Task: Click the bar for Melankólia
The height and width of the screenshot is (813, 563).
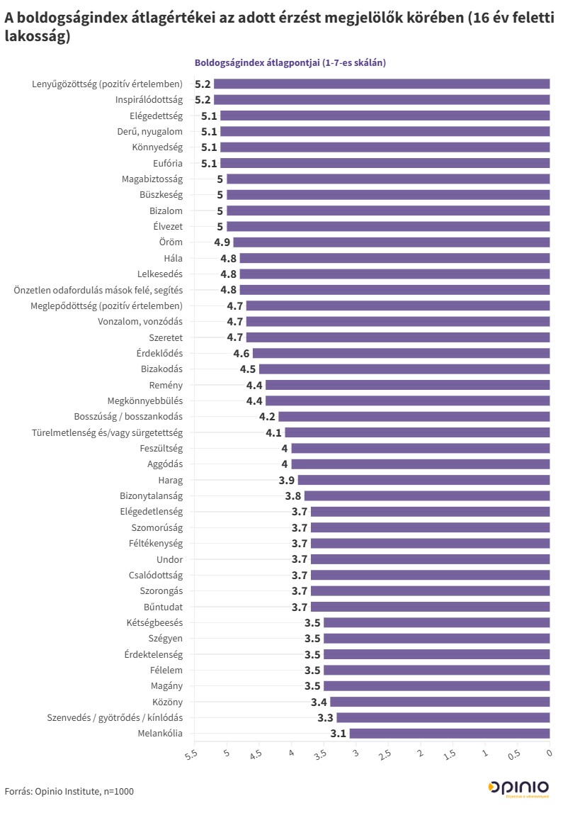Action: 449,734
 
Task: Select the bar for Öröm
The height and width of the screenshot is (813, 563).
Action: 391,242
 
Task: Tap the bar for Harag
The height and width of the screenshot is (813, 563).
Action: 423,480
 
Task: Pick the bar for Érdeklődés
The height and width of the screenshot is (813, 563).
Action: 401,353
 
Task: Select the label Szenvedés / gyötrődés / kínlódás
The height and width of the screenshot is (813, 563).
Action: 115,717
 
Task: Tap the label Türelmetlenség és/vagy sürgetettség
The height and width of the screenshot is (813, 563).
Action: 108,432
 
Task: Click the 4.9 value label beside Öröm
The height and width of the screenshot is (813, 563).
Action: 222,242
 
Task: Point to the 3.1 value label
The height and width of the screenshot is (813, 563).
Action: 339,734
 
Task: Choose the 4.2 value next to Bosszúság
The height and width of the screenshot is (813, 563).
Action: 268,417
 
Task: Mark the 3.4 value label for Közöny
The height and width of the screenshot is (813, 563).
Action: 319,702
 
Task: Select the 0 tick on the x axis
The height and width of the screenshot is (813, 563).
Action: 550,753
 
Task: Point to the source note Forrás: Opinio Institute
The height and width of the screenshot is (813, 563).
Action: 69,791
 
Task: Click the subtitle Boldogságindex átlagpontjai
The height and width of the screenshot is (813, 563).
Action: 290,63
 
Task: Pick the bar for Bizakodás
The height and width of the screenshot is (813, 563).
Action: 404,369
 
